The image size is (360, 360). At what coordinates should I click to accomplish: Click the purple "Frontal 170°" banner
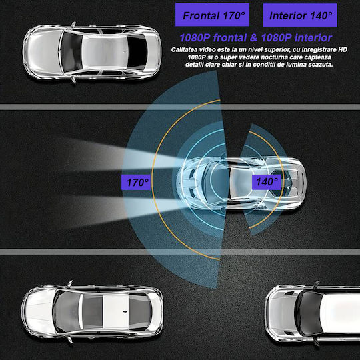click(x=212, y=15)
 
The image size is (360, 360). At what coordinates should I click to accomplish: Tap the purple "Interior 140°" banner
click(x=300, y=15)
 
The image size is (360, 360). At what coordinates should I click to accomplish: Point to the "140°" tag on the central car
click(x=267, y=181)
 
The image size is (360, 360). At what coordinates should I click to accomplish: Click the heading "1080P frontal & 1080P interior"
click(x=256, y=38)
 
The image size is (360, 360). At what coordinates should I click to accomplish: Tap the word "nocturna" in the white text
click(x=275, y=57)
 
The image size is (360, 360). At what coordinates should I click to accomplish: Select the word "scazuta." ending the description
click(x=321, y=65)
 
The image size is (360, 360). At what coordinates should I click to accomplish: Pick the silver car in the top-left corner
click(x=92, y=52)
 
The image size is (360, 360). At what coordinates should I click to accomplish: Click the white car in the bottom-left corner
click(x=92, y=311)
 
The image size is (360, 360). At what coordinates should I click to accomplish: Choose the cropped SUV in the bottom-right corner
click(x=313, y=313)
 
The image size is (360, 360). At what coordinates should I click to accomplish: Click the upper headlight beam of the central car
click(x=119, y=155)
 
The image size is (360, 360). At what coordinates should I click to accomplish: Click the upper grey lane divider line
click(x=180, y=107)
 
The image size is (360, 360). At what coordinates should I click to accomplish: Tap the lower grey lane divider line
click(x=180, y=251)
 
